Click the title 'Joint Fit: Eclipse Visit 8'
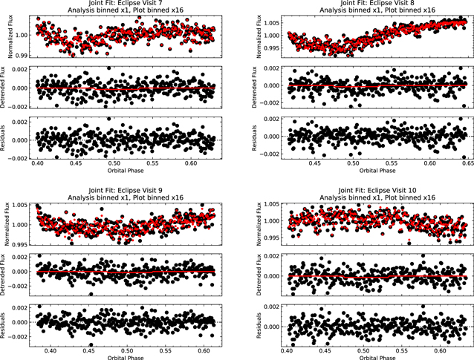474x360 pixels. [x=377, y=3]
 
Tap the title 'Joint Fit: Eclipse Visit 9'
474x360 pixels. [x=125, y=190]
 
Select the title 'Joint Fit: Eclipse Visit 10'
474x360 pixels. [x=377, y=190]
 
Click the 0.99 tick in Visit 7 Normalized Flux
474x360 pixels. [x=22, y=56]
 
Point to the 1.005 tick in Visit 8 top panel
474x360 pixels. [x=271, y=23]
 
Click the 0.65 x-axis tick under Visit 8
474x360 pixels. [x=468, y=163]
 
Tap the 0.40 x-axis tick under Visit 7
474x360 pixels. [x=37, y=163]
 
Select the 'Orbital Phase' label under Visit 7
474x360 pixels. [x=126, y=171]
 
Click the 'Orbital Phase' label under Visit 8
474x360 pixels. [x=377, y=171]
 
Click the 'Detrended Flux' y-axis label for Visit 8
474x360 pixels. [x=254, y=88]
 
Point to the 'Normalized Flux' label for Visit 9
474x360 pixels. [x=7, y=223]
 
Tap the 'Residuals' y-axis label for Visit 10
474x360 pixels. [x=259, y=325]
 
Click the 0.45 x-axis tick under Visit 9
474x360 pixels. [x=89, y=351]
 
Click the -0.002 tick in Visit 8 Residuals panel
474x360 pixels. [x=269, y=154]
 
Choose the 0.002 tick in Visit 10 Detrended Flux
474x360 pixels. [x=271, y=256]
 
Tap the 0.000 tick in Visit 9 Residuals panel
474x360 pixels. [x=20, y=322]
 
